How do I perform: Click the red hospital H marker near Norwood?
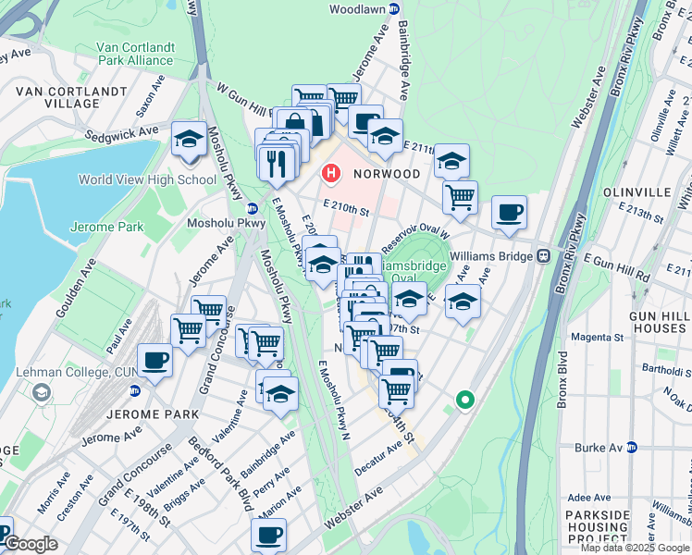(330, 173)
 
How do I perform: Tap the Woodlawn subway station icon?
(394, 8)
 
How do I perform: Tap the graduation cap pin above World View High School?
(189, 139)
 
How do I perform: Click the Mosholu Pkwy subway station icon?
(252, 206)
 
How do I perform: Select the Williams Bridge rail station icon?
(545, 255)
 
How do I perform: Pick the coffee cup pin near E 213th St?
(509, 212)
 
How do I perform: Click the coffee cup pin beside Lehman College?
(154, 361)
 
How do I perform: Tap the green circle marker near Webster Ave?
(464, 401)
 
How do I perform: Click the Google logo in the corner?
(30, 544)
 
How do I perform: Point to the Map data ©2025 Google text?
(634, 548)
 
